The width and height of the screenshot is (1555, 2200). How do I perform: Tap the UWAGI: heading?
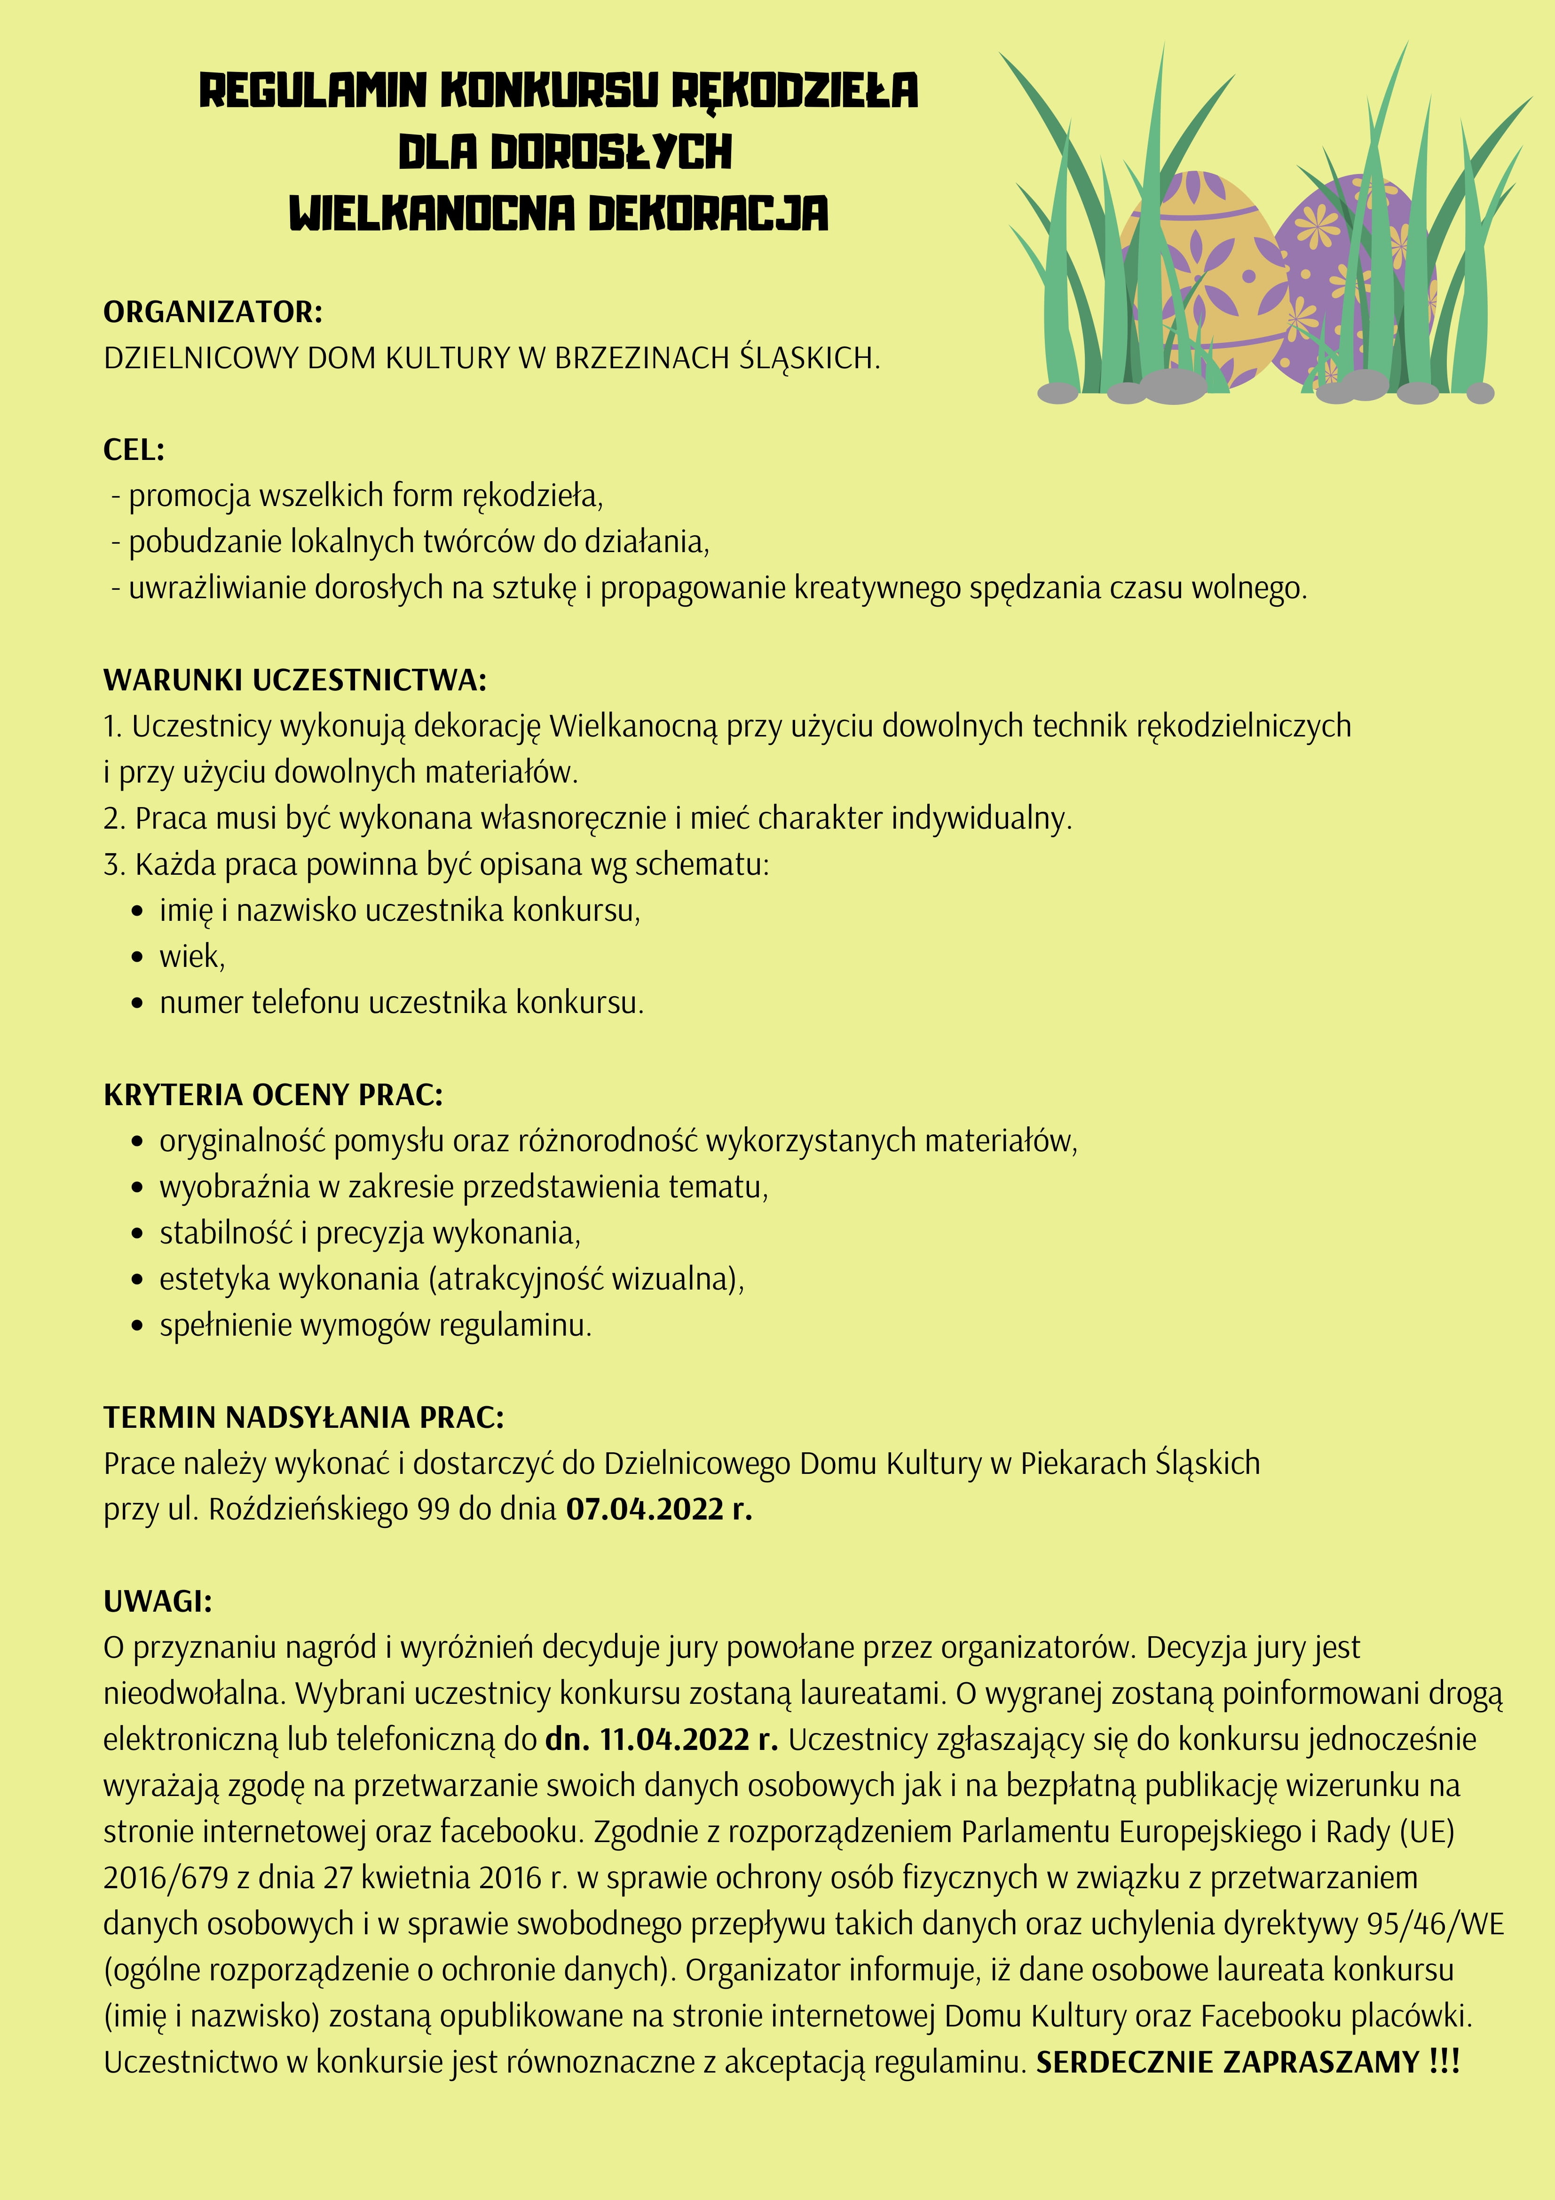(157, 1601)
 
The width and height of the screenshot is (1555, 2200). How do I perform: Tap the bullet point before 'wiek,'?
(139, 957)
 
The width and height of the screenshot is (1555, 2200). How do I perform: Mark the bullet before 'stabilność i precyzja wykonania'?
(139, 1234)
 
